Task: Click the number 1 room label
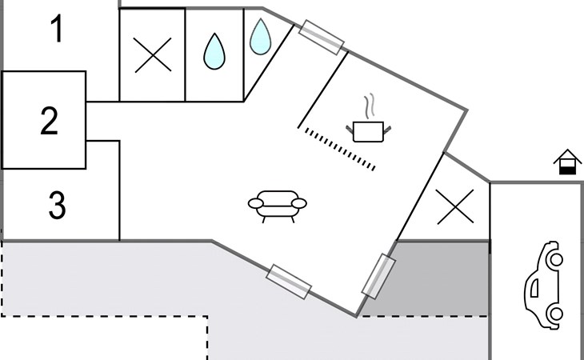[57, 29]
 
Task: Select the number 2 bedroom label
[49, 121]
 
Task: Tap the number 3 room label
[57, 205]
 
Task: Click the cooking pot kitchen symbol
[368, 131]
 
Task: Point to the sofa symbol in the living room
[278, 206]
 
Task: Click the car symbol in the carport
[544, 285]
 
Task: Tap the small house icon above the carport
[568, 162]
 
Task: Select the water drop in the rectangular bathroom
[214, 51]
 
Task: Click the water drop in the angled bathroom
[260, 37]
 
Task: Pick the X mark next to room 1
[153, 54]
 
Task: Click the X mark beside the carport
[455, 206]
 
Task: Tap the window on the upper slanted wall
[322, 38]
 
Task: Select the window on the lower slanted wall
[289, 282]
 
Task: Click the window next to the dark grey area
[378, 276]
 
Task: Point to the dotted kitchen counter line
[340, 149]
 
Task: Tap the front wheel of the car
[556, 259]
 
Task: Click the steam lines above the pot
[369, 106]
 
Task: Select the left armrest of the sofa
[256, 203]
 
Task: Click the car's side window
[534, 288]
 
